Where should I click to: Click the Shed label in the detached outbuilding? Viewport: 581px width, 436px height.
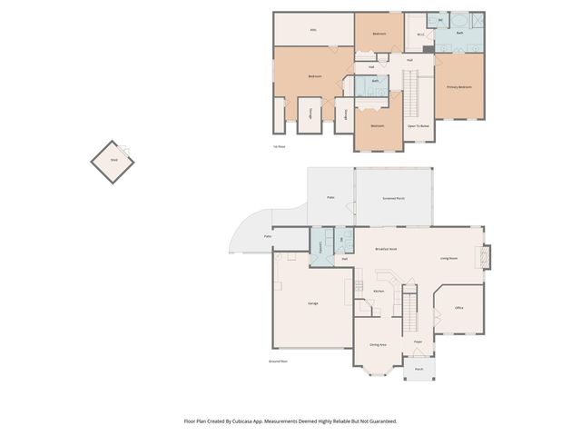(x=114, y=159)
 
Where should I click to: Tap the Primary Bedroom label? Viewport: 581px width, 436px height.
(x=458, y=87)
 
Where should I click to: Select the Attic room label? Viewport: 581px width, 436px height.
(x=313, y=29)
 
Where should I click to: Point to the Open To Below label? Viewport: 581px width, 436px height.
(x=418, y=126)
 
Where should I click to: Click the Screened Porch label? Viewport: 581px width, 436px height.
(x=394, y=197)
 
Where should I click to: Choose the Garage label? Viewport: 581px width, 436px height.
(x=312, y=302)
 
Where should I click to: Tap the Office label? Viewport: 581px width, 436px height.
(x=458, y=309)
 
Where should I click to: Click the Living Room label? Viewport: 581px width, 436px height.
(x=448, y=258)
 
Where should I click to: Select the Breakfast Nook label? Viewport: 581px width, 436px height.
(x=387, y=248)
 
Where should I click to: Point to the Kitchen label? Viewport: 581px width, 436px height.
(x=379, y=292)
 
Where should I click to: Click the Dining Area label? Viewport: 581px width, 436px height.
(x=379, y=345)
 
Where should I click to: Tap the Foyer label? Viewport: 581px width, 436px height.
(x=418, y=342)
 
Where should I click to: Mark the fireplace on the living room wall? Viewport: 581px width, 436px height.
(x=486, y=257)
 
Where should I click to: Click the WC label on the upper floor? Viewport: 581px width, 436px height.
(x=441, y=20)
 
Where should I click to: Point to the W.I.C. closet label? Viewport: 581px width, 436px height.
(x=421, y=35)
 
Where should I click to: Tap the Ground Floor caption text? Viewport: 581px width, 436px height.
(x=278, y=361)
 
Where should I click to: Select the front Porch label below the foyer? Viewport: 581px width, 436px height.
(x=419, y=370)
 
